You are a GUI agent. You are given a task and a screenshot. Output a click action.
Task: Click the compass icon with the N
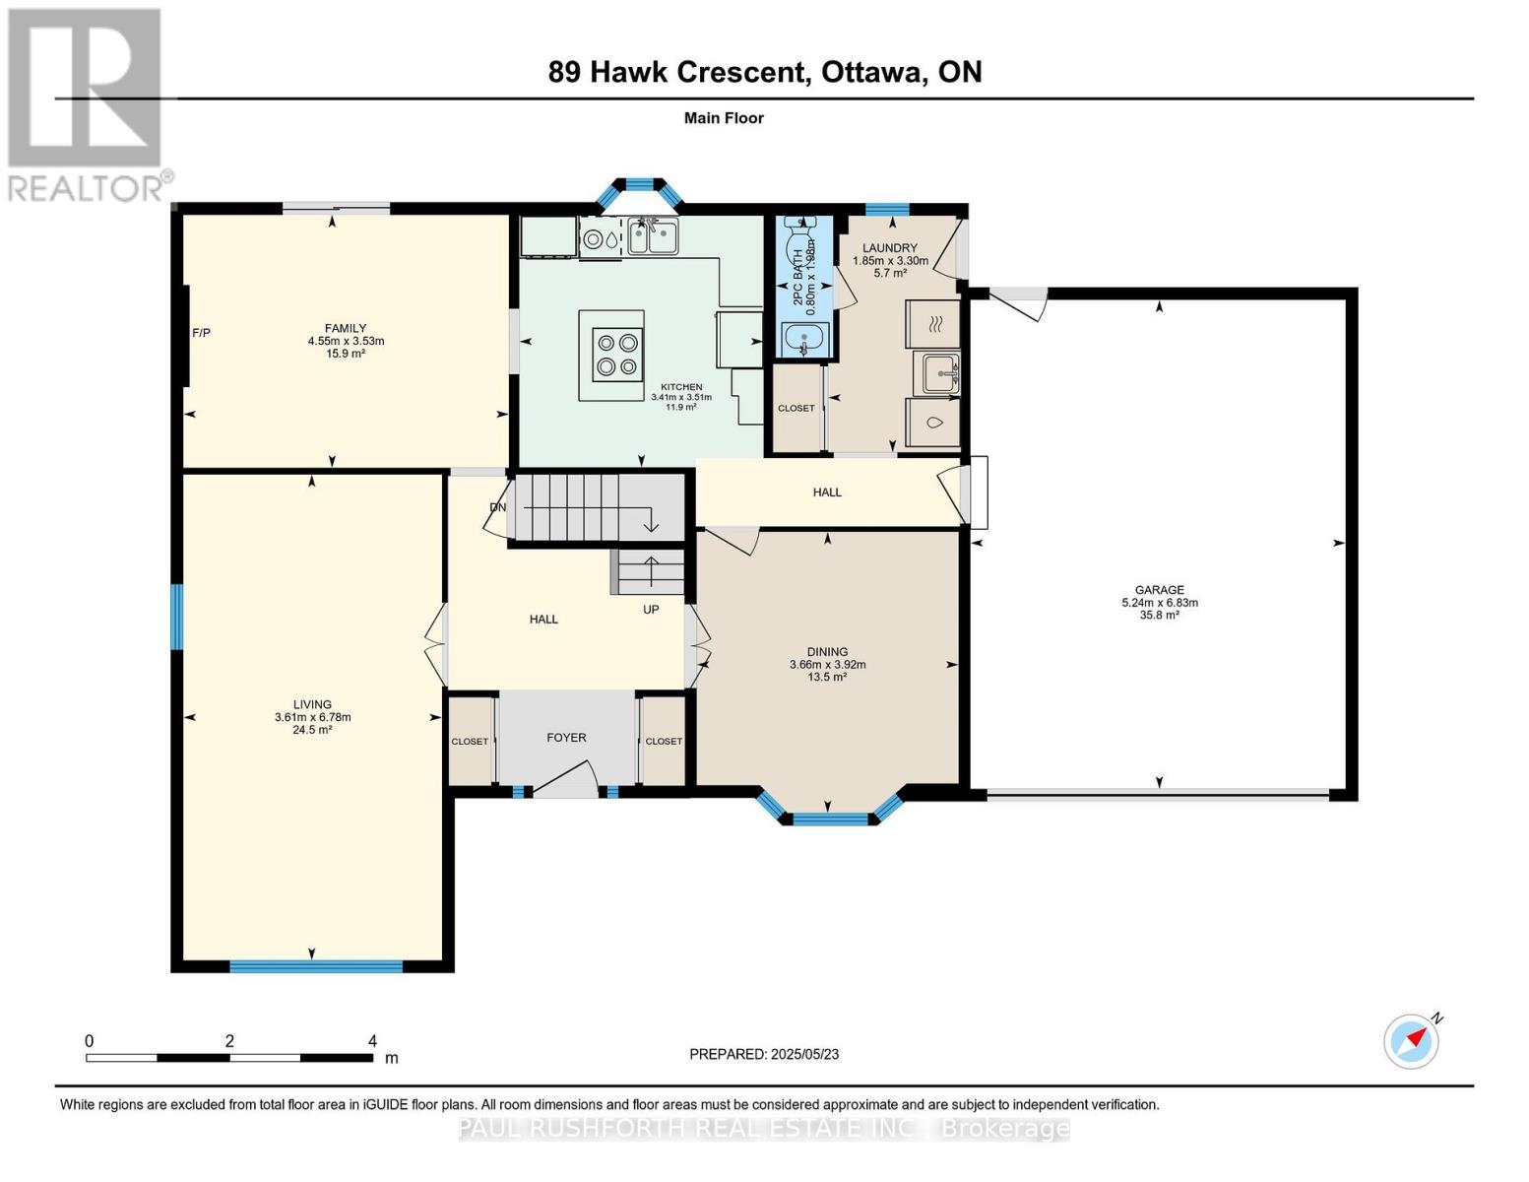[x=1411, y=1041]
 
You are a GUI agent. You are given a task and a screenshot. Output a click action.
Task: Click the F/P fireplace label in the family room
[x=201, y=333]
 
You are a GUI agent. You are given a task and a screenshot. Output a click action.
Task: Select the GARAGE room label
[x=1159, y=590]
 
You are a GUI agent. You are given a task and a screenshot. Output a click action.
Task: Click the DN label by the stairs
[x=498, y=507]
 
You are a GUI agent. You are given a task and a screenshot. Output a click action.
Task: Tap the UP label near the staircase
[x=651, y=610]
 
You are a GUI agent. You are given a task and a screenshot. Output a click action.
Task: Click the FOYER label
[x=566, y=737]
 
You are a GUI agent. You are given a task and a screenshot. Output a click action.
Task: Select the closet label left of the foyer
[x=470, y=742]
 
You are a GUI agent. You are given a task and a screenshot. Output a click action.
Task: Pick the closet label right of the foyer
[x=664, y=742]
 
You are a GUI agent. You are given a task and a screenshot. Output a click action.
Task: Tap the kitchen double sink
[x=653, y=236]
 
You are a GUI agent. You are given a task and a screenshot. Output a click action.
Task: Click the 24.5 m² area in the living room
[x=312, y=730]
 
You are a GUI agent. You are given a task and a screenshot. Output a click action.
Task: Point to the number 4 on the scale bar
[x=372, y=1041]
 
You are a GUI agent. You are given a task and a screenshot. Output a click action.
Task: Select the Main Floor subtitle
[x=724, y=118]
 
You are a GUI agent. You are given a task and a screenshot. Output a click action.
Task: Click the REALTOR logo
[x=87, y=103]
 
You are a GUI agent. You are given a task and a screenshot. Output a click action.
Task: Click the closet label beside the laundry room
[x=796, y=408]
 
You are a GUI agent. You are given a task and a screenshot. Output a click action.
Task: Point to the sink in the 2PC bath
[x=805, y=340]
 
